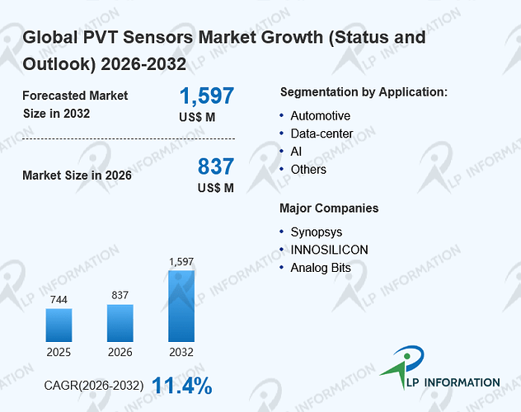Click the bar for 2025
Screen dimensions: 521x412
pos(59,325)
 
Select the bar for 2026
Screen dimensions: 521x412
pos(120,323)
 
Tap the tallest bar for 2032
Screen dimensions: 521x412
pos(181,306)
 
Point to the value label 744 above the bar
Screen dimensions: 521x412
pos(59,299)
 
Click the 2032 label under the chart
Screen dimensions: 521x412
pos(181,352)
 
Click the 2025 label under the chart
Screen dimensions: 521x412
pos(59,352)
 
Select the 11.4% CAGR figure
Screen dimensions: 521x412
pos(182,386)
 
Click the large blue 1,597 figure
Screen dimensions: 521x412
pos(207,96)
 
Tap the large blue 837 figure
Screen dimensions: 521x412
pos(216,166)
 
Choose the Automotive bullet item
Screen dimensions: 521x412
pos(321,116)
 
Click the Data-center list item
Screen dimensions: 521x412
pos(322,133)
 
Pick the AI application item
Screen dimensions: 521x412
pos(296,152)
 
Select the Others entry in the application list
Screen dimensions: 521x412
pos(308,170)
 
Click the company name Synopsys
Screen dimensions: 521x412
pos(317,232)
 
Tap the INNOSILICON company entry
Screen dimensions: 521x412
pos(329,250)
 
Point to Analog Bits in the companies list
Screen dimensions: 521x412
pos(321,268)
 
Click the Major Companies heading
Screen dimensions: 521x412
pos(329,208)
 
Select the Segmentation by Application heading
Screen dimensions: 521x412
pos(364,92)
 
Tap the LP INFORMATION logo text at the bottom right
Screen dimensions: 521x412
pos(453,382)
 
